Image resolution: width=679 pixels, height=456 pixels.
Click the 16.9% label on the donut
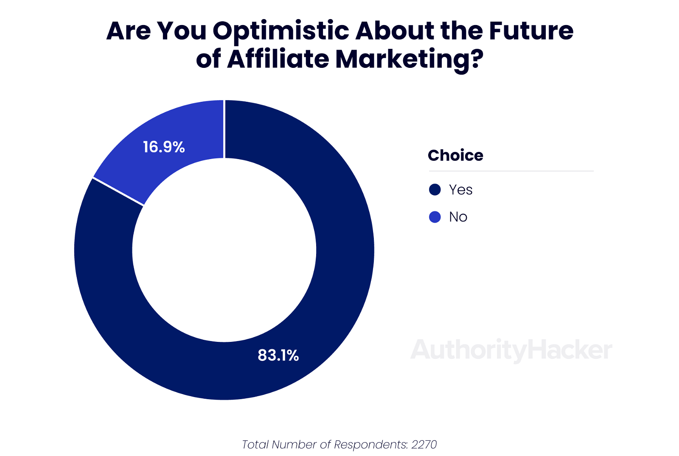coord(164,147)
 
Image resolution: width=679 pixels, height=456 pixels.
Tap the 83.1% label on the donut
coord(278,355)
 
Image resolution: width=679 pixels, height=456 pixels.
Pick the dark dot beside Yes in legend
coord(435,190)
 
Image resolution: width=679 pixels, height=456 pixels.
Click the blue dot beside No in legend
coord(435,217)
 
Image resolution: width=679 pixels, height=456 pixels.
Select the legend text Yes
coord(460,190)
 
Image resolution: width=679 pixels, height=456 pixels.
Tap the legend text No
coord(458,217)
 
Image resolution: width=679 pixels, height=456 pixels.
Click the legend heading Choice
coord(455,156)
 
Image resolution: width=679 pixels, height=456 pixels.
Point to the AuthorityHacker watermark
coord(511,350)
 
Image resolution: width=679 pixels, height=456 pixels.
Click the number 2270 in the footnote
coord(424,445)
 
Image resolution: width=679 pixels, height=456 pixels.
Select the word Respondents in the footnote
coord(370,445)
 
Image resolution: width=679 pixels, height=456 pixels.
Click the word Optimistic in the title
coord(281,31)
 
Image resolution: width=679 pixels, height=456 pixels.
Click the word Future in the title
coord(531,31)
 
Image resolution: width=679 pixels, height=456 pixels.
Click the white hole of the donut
coord(224,250)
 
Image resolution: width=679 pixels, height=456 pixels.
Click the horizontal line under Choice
coord(511,171)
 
